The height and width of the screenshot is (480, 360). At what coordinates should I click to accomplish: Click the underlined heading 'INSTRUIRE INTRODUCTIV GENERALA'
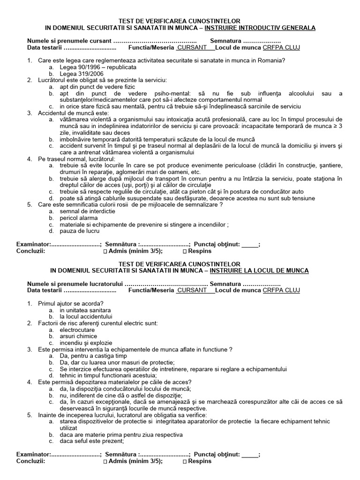263,28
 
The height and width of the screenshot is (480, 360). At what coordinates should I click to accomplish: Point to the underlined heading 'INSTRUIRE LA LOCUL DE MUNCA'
259,271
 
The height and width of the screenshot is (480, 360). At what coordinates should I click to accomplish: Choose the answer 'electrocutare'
77,330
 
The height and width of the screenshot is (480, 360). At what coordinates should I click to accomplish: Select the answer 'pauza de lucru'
79,231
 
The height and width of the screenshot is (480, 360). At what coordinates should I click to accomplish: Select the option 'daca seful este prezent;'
92,441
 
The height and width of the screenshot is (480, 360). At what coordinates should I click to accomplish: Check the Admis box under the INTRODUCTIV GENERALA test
105,251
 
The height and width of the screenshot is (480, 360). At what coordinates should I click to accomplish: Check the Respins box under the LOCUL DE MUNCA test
184,461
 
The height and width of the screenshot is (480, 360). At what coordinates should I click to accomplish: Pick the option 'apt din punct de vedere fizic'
97,87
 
